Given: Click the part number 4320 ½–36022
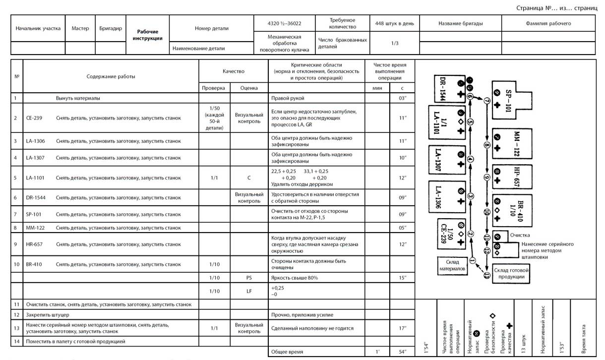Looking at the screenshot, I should tap(284, 23).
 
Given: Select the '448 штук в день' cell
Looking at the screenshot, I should tap(395, 23).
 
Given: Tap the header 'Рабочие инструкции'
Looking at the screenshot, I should tap(147, 35).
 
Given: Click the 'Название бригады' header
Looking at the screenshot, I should tap(460, 23).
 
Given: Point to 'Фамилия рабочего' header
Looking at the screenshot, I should tap(548, 23).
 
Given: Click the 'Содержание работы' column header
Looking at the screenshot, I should tap(111, 76).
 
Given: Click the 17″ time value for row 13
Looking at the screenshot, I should tap(402, 328).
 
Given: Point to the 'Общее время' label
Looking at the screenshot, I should tap(287, 352).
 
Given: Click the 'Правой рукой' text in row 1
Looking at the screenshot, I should tap(288, 98).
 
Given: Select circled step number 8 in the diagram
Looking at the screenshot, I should tap(487, 146).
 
